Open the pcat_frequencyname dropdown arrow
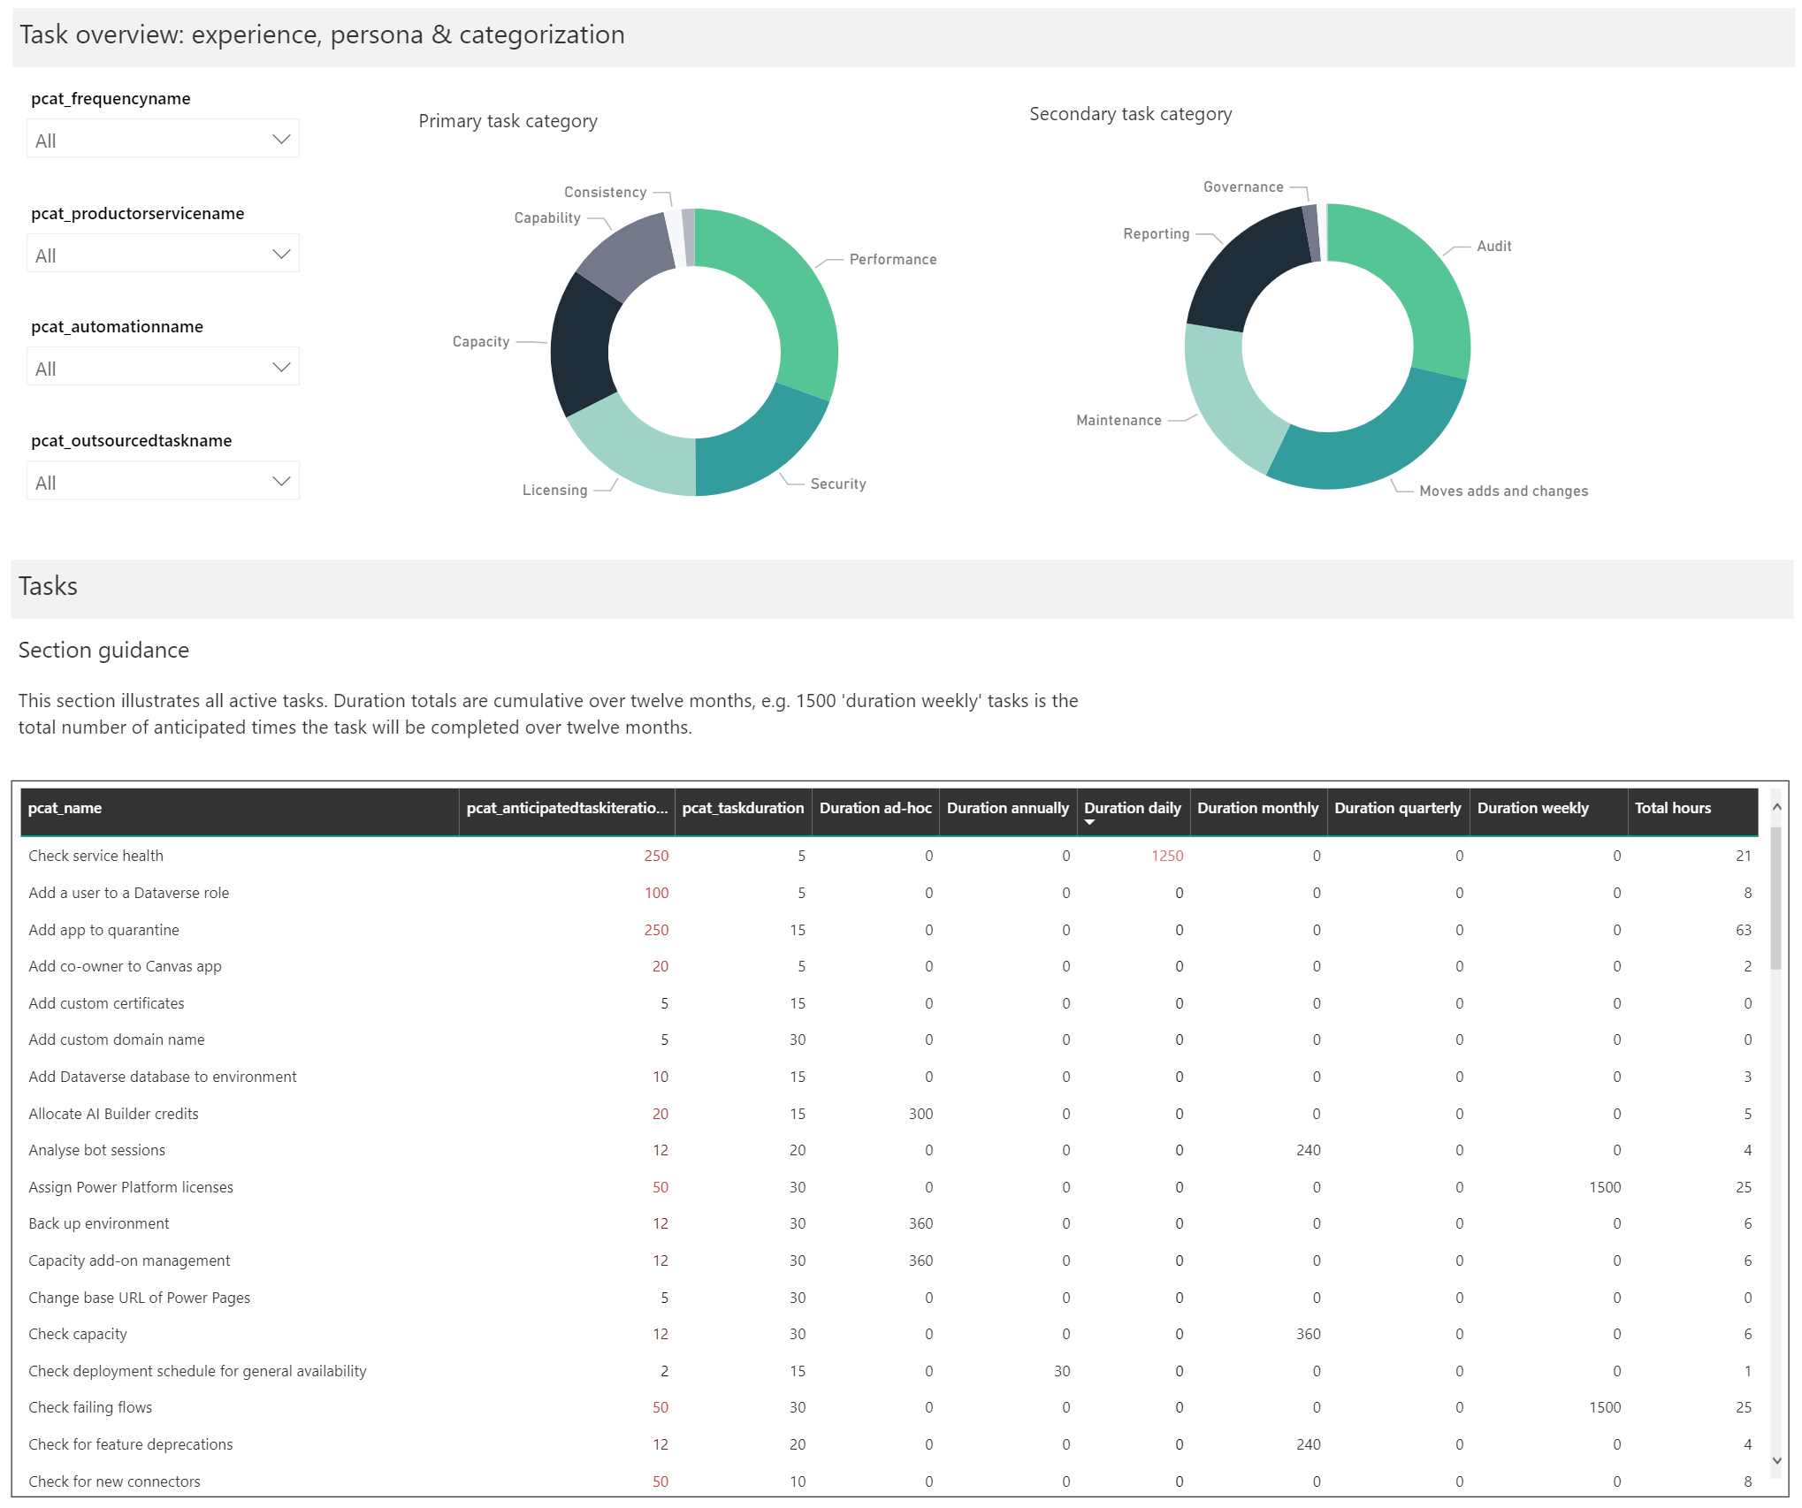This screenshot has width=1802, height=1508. pyautogui.click(x=281, y=140)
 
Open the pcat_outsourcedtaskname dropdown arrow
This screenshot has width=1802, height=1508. pyautogui.click(x=281, y=482)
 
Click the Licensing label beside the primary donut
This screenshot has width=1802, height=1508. pyautogui.click(x=554, y=491)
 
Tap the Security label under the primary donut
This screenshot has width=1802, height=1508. pyautogui.click(x=837, y=484)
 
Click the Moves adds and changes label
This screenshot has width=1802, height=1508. pyautogui.click(x=1503, y=491)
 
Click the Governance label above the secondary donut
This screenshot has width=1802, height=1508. pyautogui.click(x=1242, y=187)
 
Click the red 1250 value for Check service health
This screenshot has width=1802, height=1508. pyautogui.click(x=1166, y=857)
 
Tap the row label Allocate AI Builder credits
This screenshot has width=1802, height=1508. pyautogui.click(x=113, y=1115)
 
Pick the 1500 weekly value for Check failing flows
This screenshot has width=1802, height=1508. pyautogui.click(x=1604, y=1408)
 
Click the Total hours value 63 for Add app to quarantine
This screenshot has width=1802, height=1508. pyautogui.click(x=1743, y=931)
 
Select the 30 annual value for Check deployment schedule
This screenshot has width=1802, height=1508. pyautogui.click(x=1061, y=1372)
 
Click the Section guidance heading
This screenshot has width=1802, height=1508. pyautogui.click(x=103, y=651)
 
